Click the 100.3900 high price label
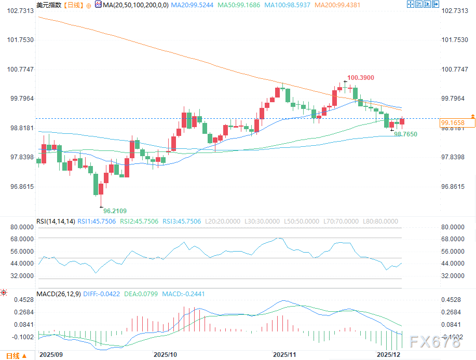click(x=360, y=78)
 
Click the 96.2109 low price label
click(x=115, y=211)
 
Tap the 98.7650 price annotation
click(x=405, y=134)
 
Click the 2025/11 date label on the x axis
click(x=284, y=354)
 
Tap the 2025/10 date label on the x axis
click(x=165, y=354)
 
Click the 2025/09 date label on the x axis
click(x=51, y=354)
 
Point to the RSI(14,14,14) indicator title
click(x=55, y=221)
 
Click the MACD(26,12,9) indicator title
click(x=58, y=294)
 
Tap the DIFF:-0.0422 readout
click(x=101, y=294)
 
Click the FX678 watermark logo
click(x=434, y=341)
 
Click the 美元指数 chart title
click(x=48, y=5)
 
